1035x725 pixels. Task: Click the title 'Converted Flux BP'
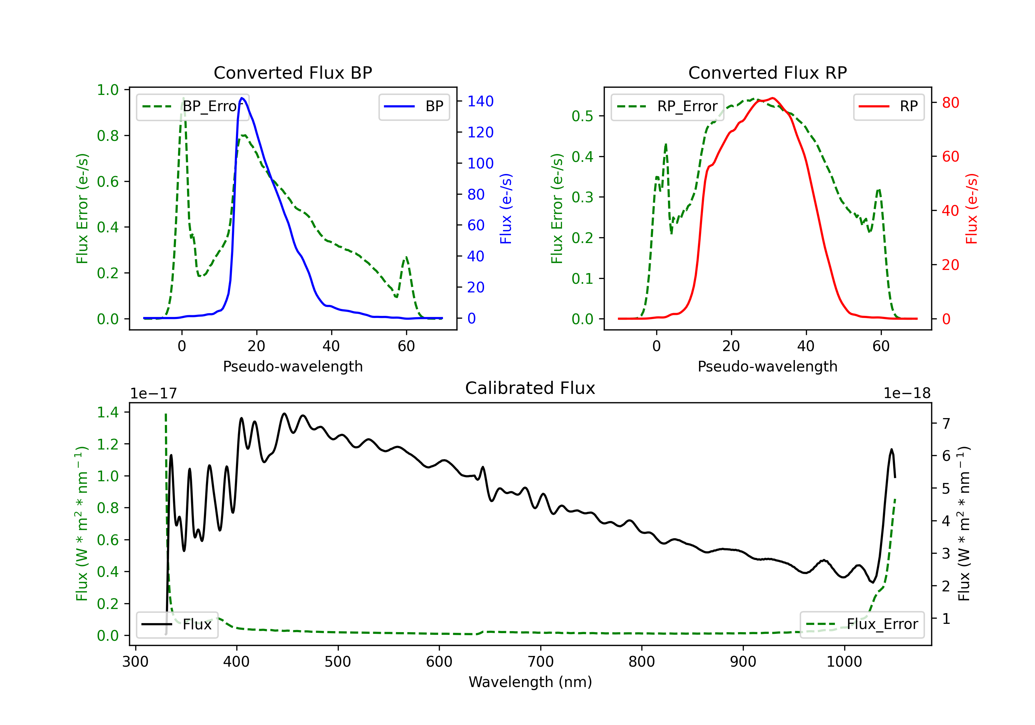[293, 72]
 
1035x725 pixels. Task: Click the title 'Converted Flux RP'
[767, 72]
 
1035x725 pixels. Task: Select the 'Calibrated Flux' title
[530, 388]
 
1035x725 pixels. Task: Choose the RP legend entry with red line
[888, 106]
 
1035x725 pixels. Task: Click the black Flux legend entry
[177, 625]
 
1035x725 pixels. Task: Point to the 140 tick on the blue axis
[481, 101]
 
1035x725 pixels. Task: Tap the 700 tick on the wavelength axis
[541, 662]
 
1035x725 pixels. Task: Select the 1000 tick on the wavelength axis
[844, 662]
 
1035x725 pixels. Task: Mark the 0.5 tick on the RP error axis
[582, 116]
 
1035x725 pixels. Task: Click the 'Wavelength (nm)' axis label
[530, 682]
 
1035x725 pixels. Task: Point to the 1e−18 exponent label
[907, 394]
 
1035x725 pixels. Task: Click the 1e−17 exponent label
[154, 394]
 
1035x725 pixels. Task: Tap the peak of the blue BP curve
[242, 98]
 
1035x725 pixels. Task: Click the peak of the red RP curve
[773, 98]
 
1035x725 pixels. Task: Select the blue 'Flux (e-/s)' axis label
[506, 209]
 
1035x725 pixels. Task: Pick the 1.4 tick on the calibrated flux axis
[108, 412]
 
